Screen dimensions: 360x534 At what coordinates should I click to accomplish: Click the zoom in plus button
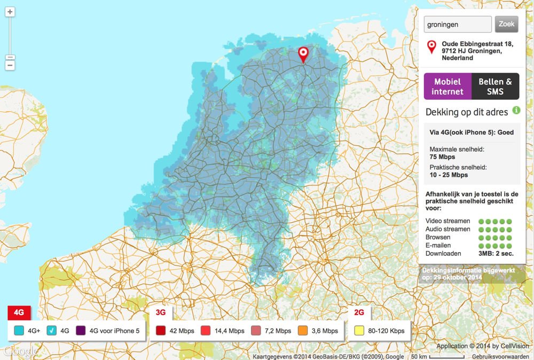click(x=10, y=12)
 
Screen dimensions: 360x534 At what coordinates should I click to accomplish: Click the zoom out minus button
click(x=10, y=65)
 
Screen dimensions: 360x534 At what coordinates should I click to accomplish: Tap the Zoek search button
click(x=506, y=24)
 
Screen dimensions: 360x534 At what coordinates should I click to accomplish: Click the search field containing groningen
click(x=457, y=24)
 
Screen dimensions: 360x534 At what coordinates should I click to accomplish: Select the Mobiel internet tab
click(x=447, y=87)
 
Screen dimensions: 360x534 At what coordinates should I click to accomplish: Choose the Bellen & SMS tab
click(x=495, y=87)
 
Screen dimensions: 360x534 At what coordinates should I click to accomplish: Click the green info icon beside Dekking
click(x=516, y=110)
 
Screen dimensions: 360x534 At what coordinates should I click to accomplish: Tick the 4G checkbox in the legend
click(x=52, y=331)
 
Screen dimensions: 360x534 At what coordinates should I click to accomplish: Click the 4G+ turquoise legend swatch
click(x=20, y=331)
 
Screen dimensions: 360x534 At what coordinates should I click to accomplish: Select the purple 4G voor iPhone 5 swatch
click(x=81, y=331)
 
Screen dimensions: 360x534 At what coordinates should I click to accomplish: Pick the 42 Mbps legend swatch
click(x=160, y=331)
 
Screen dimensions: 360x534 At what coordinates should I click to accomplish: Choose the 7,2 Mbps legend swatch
click(x=256, y=331)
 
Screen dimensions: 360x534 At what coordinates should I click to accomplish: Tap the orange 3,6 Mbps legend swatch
click(x=303, y=331)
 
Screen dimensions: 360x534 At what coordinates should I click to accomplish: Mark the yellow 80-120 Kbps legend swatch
click(x=359, y=331)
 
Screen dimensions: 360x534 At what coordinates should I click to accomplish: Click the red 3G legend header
click(x=161, y=312)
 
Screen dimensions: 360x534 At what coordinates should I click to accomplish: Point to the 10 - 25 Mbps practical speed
click(x=449, y=175)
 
